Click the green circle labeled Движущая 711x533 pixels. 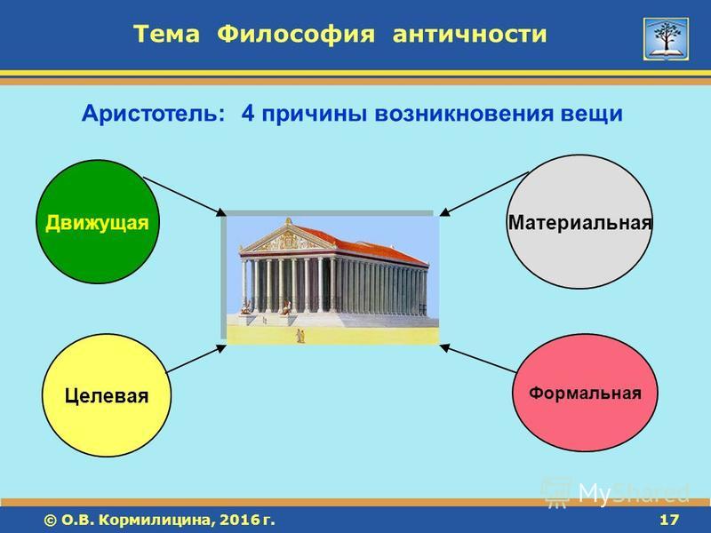click(98, 222)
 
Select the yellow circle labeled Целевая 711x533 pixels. click(107, 395)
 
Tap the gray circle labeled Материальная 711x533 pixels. click(579, 222)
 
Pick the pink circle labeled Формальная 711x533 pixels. click(585, 393)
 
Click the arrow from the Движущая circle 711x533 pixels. click(185, 196)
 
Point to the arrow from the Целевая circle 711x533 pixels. click(196, 359)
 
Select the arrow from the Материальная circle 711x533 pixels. click(484, 194)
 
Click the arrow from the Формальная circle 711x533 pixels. click(478, 359)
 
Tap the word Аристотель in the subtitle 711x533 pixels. click(153, 114)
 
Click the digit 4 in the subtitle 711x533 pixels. click(248, 114)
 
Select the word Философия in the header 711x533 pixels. click(296, 35)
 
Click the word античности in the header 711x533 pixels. click(470, 35)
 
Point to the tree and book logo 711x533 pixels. click(666, 39)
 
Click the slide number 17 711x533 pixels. click(669, 520)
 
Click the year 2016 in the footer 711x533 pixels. click(234, 520)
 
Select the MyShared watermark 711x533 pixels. click(617, 492)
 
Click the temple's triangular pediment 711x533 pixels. click(288, 237)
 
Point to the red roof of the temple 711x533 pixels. click(363, 246)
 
